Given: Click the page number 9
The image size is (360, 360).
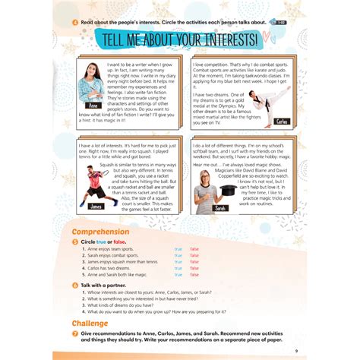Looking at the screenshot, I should [x=295, y=350].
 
